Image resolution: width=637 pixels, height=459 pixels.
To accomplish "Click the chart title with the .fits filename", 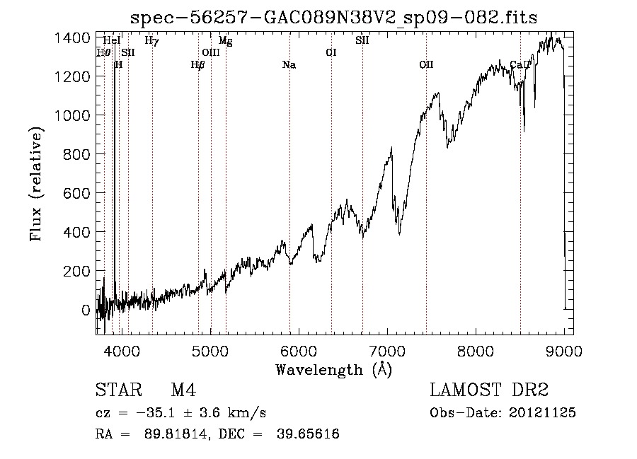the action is click(x=333, y=18).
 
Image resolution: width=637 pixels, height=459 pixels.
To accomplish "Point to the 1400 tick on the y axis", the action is click(x=72, y=38).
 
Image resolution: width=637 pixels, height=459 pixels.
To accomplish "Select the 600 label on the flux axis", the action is click(x=76, y=193).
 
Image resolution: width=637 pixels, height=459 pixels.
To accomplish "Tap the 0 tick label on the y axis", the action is click(x=86, y=310).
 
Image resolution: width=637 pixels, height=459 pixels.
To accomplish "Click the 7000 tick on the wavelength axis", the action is click(x=388, y=351).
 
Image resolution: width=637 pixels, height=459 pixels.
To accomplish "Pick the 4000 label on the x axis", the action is click(x=122, y=351).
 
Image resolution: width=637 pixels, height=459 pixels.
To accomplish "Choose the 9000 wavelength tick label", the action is click(x=564, y=351).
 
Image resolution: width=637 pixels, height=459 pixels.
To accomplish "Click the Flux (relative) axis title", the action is click(x=36, y=184).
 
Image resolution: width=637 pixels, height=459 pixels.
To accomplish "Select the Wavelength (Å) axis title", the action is click(x=334, y=370).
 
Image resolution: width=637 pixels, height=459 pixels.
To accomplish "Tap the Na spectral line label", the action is click(x=289, y=65).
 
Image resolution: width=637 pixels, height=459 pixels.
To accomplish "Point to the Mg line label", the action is click(x=226, y=40).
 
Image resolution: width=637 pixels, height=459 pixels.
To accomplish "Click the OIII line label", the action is click(x=211, y=52).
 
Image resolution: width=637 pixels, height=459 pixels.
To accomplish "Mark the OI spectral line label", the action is click(x=331, y=52).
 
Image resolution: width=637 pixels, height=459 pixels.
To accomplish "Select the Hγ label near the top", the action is click(x=152, y=40).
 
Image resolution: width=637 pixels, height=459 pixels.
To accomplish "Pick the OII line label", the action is click(x=427, y=64).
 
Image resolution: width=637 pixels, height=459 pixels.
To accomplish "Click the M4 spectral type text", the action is click(x=183, y=390).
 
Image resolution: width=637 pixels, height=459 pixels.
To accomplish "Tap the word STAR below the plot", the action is click(x=119, y=390).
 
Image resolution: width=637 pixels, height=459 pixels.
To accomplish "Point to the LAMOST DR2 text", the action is click(x=489, y=390).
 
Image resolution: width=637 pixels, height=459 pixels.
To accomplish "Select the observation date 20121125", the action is click(x=542, y=413).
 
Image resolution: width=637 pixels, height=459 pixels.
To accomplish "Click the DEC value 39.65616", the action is click(x=308, y=434).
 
